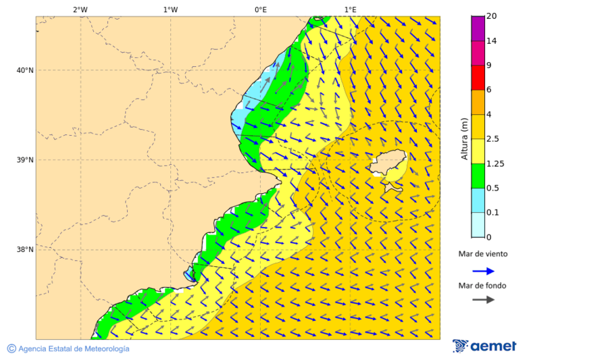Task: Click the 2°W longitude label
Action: pos(80,9)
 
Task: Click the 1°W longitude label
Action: pos(170,9)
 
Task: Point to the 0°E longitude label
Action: pos(260,9)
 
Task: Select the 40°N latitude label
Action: pos(24,70)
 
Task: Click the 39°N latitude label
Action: pos(24,160)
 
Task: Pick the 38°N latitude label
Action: pos(24,250)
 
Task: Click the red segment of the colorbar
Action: pos(478,78)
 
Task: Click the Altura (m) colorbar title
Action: pos(464,138)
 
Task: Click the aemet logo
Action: pos(484,346)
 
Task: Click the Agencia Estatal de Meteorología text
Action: pos(68,349)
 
